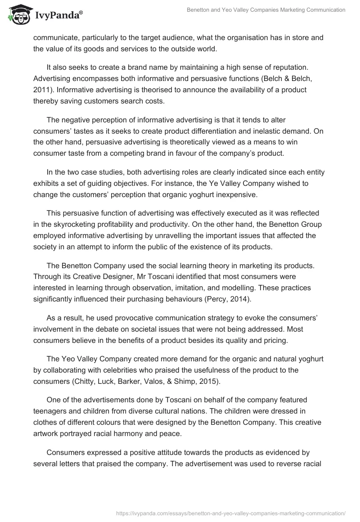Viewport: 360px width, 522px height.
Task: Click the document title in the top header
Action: point(266,9)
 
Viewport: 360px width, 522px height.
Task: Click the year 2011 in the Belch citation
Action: point(41,90)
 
